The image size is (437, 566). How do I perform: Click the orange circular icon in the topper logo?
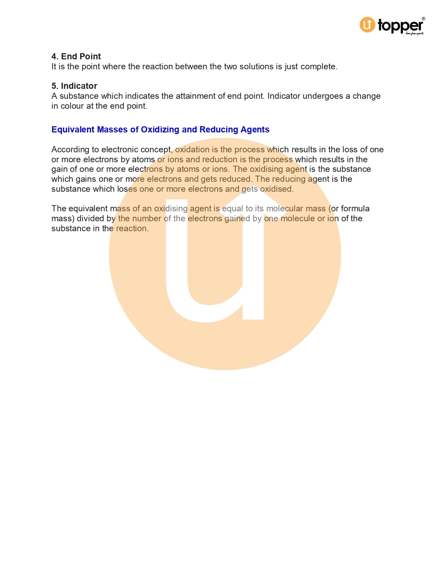367,25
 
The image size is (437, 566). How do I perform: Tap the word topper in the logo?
400,25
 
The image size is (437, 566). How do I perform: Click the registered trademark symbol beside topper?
424,19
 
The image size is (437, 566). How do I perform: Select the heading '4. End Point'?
76,56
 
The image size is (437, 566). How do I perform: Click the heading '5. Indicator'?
74,86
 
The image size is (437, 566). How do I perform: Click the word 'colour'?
72,106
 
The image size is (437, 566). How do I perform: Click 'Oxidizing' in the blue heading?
160,129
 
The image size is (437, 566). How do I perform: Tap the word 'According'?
70,149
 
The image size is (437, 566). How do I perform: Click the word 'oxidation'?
192,149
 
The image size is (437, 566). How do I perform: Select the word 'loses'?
127,189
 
